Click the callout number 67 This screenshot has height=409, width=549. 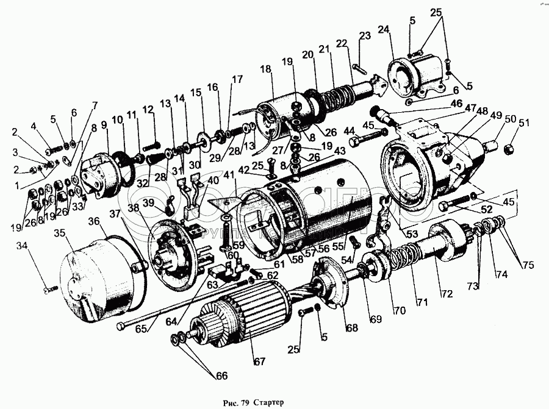pos(260,362)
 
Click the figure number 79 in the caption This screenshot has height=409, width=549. pos(245,402)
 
